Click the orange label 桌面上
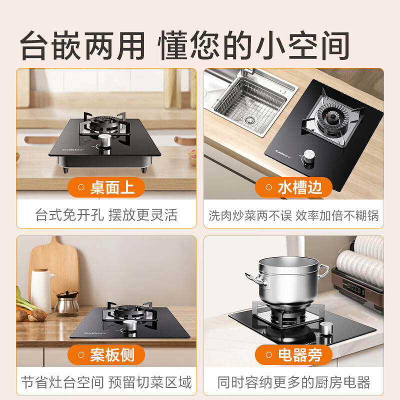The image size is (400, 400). (x=106, y=188)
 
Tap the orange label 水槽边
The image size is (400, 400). (x=294, y=188)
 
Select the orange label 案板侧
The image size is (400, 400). (x=106, y=354)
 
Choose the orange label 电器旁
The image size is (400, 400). (x=294, y=354)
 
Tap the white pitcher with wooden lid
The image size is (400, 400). (x=42, y=290)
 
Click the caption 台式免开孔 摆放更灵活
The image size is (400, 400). (x=106, y=215)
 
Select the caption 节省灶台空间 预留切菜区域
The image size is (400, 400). (x=106, y=383)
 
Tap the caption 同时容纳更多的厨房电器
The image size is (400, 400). (x=294, y=383)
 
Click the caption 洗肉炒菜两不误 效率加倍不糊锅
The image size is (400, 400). (x=294, y=215)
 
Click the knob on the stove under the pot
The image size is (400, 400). (x=327, y=329)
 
